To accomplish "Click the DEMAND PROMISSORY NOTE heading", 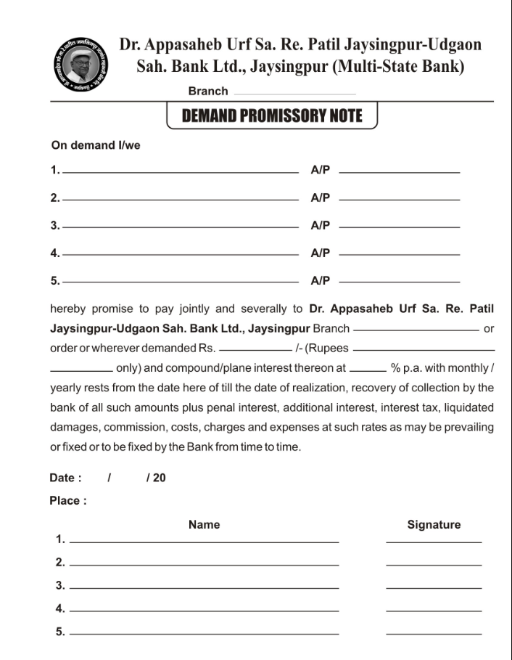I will tap(272, 116).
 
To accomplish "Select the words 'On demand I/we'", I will tap(95, 145).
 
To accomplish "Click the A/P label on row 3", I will tap(321, 226).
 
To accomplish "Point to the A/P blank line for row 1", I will tap(399, 172).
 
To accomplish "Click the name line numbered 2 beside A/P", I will tap(181, 199).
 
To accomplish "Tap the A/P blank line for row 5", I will tap(399, 281).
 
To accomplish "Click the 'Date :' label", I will tap(65, 478).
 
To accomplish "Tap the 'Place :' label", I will tap(68, 501).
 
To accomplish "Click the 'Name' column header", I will tap(204, 524).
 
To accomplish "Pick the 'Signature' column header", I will tap(434, 524).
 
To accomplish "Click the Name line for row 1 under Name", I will tap(204, 542).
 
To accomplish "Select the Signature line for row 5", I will tap(434, 633).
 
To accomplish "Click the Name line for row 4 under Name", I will tap(204, 610).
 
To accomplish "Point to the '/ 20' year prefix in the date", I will tap(156, 478).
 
